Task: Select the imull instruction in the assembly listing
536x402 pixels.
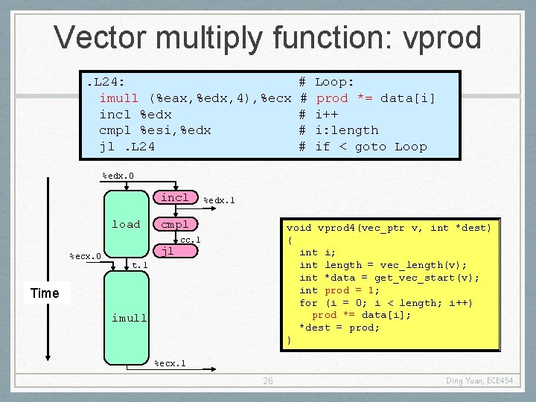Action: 195,98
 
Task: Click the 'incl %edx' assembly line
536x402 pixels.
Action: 135,114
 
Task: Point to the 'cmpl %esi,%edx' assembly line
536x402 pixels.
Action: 155,130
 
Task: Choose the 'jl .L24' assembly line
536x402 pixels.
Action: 127,147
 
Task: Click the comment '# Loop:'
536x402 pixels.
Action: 327,81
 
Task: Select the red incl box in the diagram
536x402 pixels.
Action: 175,197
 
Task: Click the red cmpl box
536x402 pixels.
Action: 175,224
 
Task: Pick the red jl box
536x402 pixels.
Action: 167,252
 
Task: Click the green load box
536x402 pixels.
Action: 126,224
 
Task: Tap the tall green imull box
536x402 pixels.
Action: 129,318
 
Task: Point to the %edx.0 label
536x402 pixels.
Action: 118,176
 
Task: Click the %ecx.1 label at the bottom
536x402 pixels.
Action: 170,364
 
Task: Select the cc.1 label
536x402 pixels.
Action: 190,240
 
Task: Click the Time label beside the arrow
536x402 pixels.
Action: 45,293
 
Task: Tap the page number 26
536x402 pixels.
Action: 268,381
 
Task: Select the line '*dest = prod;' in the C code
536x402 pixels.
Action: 339,328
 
